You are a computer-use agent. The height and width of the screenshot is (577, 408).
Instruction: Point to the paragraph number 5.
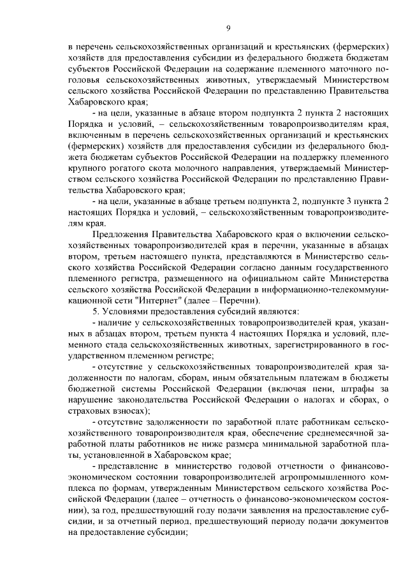pyautogui.click(x=94, y=312)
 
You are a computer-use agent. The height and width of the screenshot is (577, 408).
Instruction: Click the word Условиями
pyautogui.click(x=123, y=312)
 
